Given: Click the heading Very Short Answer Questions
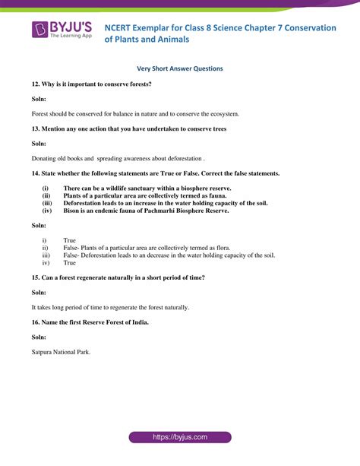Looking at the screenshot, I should (x=179, y=68).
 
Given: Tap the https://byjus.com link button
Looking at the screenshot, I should (x=179, y=438).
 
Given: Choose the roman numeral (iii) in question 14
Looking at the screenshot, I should (x=47, y=203).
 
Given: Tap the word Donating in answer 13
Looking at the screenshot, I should (x=45, y=159).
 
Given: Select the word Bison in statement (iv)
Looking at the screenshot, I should (x=72, y=211).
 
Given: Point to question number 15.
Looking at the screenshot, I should (x=36, y=277).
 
